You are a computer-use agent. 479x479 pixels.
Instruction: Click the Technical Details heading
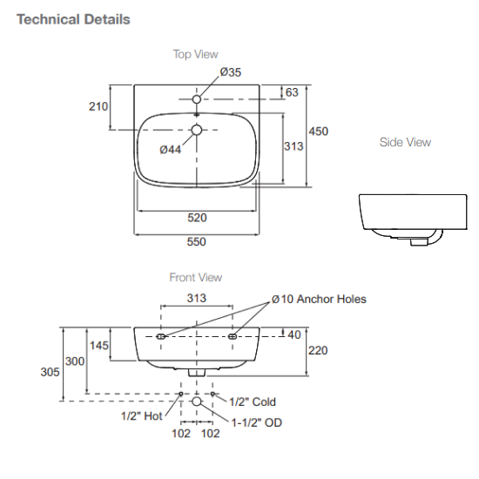73,19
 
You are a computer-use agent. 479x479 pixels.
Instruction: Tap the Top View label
195,54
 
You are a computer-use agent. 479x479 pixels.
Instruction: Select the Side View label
405,142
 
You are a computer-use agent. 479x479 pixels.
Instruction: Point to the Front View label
195,278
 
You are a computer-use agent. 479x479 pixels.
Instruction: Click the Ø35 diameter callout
230,72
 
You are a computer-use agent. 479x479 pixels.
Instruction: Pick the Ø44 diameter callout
171,149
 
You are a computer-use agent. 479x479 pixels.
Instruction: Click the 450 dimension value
319,132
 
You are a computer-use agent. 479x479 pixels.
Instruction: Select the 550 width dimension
197,242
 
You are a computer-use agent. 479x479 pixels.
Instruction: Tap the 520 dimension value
197,218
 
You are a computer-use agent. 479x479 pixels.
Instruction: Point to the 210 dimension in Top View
98,107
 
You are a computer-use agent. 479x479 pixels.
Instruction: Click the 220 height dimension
317,350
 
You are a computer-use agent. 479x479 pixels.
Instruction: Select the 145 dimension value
98,346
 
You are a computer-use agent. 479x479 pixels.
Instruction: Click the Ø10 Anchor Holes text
319,299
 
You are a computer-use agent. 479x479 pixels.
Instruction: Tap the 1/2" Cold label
252,401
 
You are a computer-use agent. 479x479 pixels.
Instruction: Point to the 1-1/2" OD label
256,422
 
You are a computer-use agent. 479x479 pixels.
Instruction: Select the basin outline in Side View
401,216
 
